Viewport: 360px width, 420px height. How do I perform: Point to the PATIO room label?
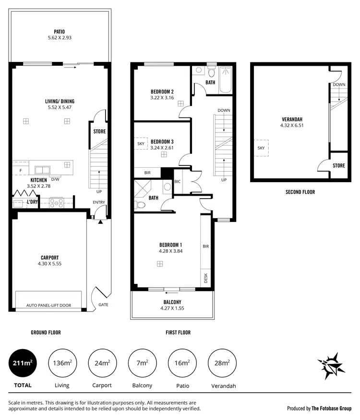[x=60, y=33]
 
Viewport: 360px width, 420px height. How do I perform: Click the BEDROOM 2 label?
[x=162, y=92]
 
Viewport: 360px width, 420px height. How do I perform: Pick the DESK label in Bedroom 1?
[x=205, y=278]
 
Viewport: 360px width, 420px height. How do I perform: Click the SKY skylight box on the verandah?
[x=261, y=148]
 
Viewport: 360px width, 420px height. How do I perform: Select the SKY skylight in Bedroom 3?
[x=141, y=143]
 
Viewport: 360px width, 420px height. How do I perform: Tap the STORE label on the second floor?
[x=338, y=165]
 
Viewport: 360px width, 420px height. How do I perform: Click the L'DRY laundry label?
[x=32, y=202]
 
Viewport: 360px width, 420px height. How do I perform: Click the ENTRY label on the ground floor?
[x=99, y=202]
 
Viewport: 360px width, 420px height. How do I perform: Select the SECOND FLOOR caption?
[x=300, y=192]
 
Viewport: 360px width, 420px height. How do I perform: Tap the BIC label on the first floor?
[x=178, y=181]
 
